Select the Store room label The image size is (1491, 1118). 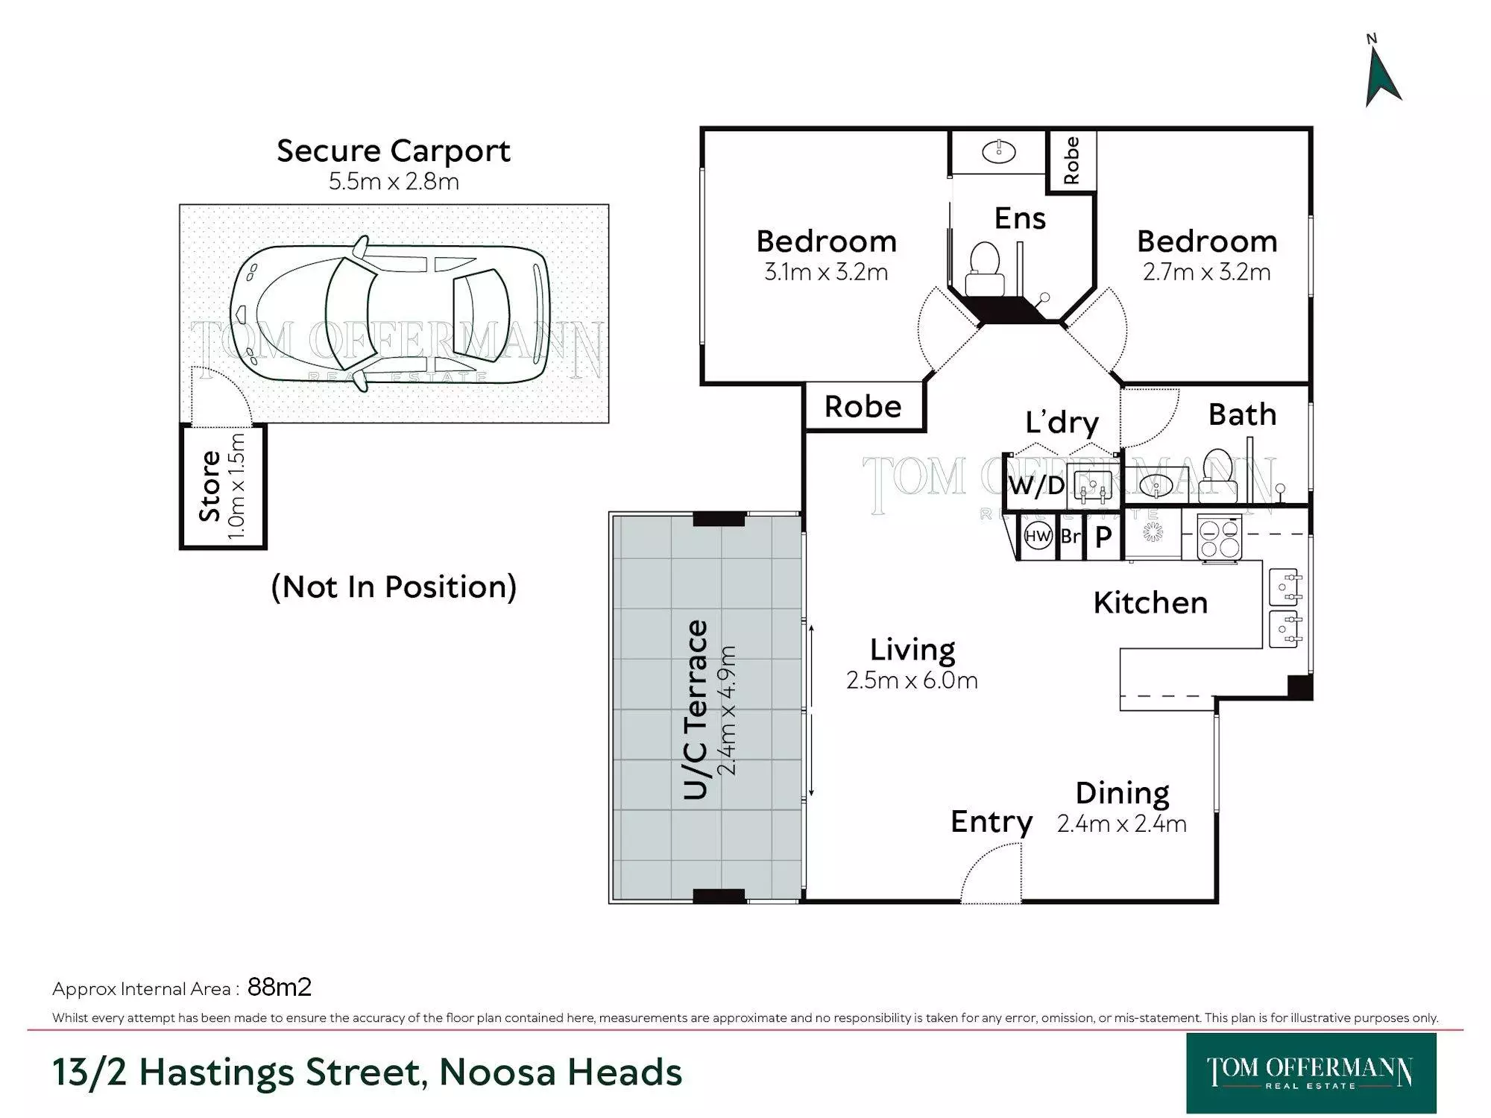coord(210,486)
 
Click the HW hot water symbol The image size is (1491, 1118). coord(1038,536)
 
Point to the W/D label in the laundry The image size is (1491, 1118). coord(1036,486)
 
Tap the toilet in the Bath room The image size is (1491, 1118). coord(1218,475)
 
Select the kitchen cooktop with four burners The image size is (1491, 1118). coord(1220,537)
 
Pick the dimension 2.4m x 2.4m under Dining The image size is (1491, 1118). coord(1121,824)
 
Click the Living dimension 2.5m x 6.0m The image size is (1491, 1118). coord(912,680)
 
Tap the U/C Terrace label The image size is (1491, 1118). coord(696,710)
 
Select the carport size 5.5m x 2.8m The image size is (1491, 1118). coord(394,181)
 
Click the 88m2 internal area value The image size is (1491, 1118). coord(280,987)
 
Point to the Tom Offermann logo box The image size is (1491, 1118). coord(1311,1073)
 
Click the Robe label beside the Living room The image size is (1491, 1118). coord(863,407)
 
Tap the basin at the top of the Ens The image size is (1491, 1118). coord(998,152)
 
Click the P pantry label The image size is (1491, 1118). coord(1103,537)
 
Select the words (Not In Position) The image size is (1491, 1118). coord(394,587)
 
